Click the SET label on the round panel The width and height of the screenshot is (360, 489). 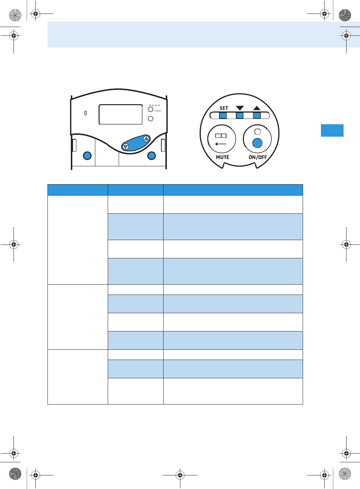pyautogui.click(x=224, y=108)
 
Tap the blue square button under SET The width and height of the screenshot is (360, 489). pyautogui.click(x=223, y=115)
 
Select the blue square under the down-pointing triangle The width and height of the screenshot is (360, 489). pyautogui.click(x=240, y=115)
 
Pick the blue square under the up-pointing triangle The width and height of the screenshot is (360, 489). pyautogui.click(x=257, y=115)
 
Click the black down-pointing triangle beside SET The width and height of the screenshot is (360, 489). pyautogui.click(x=240, y=108)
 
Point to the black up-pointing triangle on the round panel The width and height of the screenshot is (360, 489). pyautogui.click(x=257, y=108)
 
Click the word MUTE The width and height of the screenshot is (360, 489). pyautogui.click(x=222, y=157)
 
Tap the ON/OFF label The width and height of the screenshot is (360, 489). pyautogui.click(x=258, y=157)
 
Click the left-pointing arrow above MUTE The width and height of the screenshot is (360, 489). pyautogui.click(x=221, y=144)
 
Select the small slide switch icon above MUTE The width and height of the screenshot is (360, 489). pyautogui.click(x=221, y=136)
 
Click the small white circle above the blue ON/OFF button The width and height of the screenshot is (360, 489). pyautogui.click(x=257, y=132)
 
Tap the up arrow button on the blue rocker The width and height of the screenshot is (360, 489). pyautogui.click(x=146, y=139)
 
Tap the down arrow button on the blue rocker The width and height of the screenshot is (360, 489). pyautogui.click(x=126, y=147)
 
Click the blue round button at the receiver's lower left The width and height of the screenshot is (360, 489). pyautogui.click(x=87, y=156)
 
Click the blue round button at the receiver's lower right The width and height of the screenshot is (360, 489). pyautogui.click(x=152, y=156)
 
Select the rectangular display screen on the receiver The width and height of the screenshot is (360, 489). pyautogui.click(x=120, y=114)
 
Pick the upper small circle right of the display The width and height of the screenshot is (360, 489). pyautogui.click(x=150, y=109)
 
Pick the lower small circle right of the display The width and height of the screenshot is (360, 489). pyautogui.click(x=150, y=118)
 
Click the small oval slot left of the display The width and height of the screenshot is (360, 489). pyautogui.click(x=85, y=113)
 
